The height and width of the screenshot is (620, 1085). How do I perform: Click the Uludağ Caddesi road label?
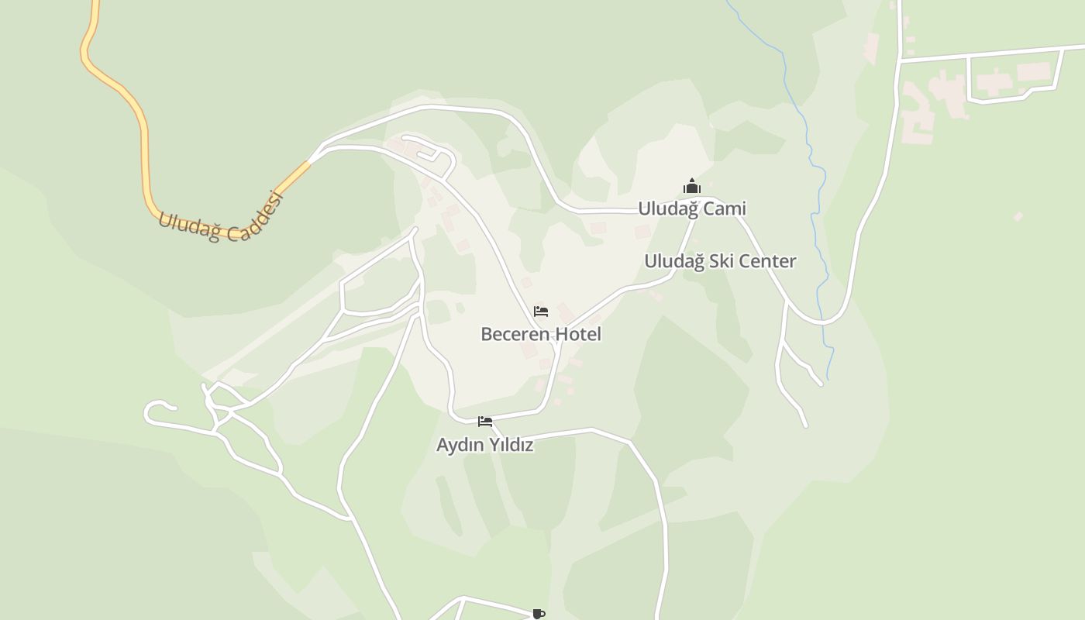222,216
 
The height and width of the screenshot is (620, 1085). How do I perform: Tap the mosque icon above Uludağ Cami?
691,186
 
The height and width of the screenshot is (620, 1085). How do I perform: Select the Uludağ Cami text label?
691,208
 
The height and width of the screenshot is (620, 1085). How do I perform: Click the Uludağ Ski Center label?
720,261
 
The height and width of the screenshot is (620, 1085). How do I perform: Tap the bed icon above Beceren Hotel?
541,312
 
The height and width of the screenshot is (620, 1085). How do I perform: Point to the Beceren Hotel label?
541,334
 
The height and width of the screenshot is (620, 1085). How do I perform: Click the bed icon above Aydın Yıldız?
485,422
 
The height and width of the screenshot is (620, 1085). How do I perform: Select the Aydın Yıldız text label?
485,445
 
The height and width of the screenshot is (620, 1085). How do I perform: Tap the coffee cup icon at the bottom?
539,614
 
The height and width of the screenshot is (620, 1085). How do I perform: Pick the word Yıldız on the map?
508,445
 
